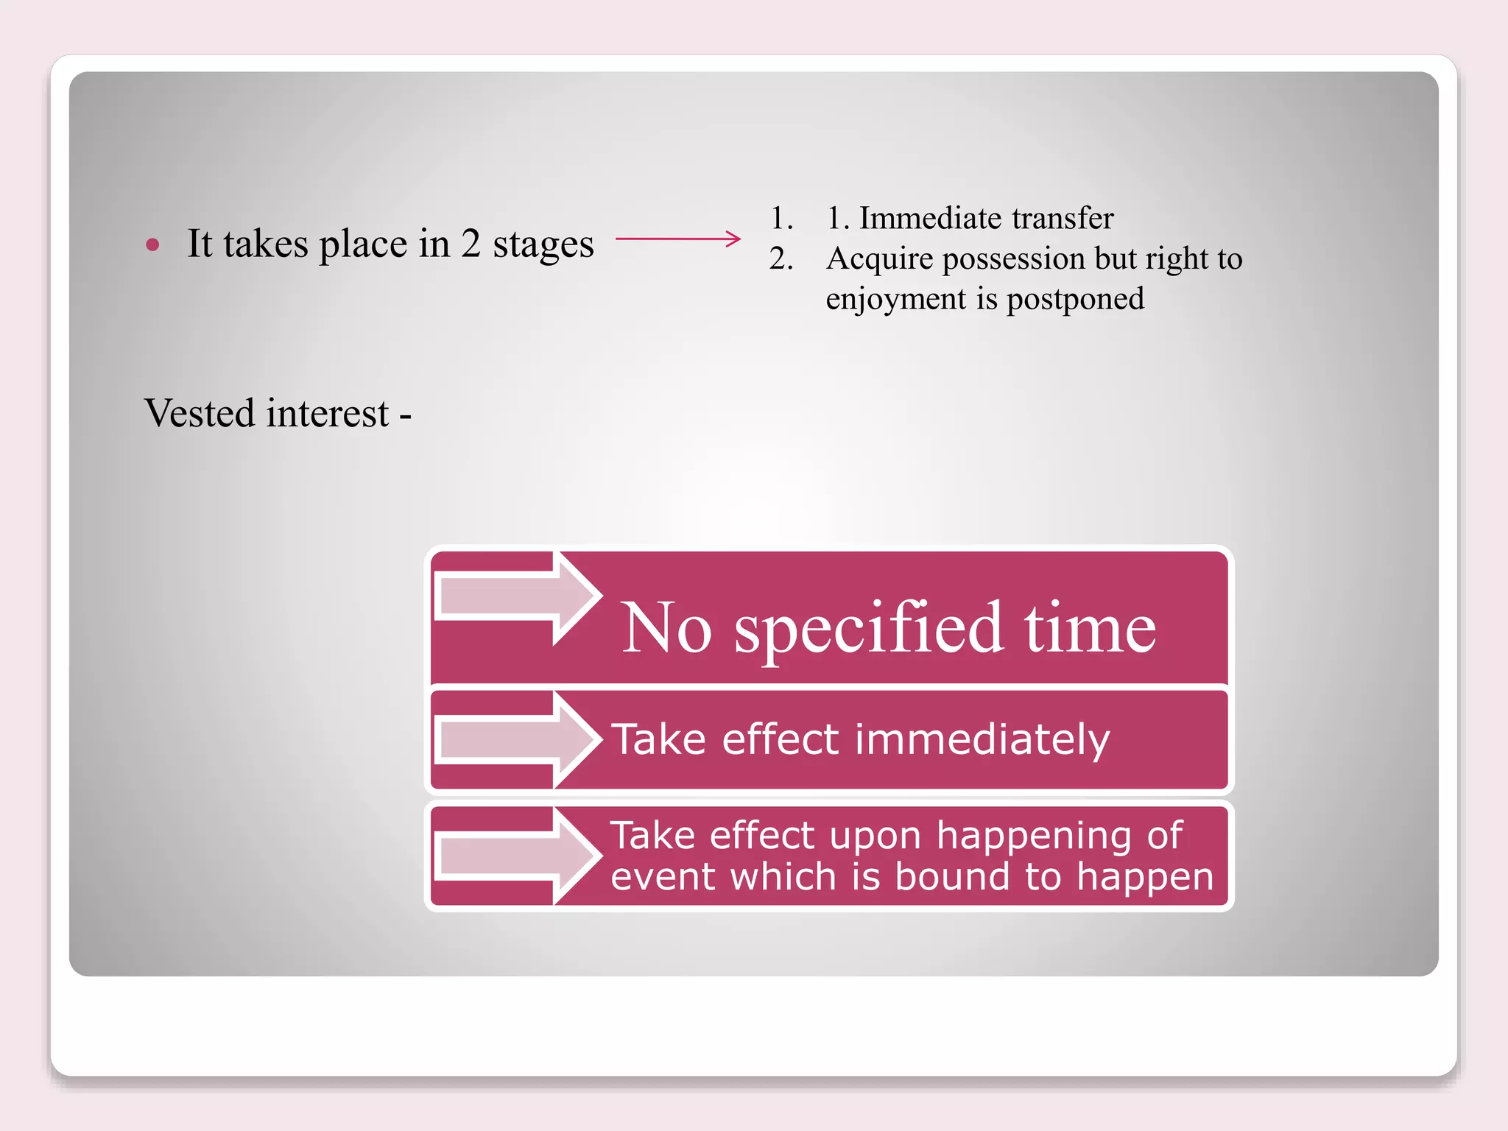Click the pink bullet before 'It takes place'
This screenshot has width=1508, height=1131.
pyautogui.click(x=152, y=245)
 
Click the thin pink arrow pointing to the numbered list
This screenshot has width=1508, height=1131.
pyautogui.click(x=677, y=239)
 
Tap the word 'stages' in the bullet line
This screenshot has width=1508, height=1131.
pyautogui.click(x=543, y=244)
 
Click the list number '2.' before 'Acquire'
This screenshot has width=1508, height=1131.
pyautogui.click(x=781, y=258)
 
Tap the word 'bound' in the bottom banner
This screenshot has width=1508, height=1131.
pyautogui.click(x=952, y=877)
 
